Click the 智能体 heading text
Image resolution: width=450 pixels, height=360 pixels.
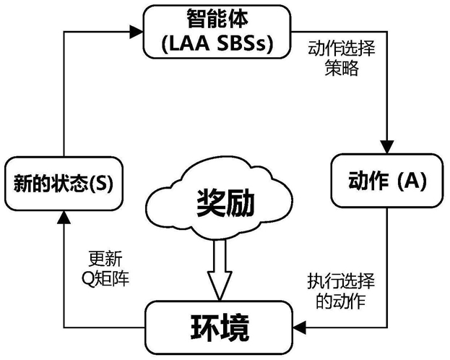click(x=217, y=18)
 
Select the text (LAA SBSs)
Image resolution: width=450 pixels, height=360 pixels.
click(x=217, y=43)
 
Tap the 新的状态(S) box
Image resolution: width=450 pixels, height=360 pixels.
click(x=64, y=184)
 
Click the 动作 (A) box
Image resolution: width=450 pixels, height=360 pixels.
click(x=387, y=181)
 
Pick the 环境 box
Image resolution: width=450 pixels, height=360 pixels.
click(x=219, y=327)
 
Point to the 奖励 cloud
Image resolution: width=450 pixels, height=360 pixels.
click(x=219, y=202)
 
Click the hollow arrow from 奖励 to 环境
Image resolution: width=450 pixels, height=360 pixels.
click(x=220, y=270)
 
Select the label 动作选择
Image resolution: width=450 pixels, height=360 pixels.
click(x=341, y=48)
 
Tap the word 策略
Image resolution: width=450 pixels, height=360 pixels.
click(x=342, y=68)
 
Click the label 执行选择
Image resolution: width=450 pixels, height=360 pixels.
click(x=341, y=281)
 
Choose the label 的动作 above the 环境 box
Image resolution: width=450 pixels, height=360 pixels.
click(x=341, y=301)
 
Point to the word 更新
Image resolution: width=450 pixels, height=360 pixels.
click(x=105, y=259)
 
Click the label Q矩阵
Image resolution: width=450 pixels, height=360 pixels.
click(x=105, y=278)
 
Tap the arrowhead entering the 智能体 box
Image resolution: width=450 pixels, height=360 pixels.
click(x=136, y=32)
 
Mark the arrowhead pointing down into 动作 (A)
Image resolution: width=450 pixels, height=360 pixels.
click(x=387, y=147)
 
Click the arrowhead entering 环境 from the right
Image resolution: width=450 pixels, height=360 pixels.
click(x=300, y=327)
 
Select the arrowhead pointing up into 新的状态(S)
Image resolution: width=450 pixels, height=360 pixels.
click(x=64, y=218)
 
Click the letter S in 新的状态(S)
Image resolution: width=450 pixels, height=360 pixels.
click(x=101, y=184)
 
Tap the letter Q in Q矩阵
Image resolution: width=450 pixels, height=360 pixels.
click(x=87, y=279)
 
